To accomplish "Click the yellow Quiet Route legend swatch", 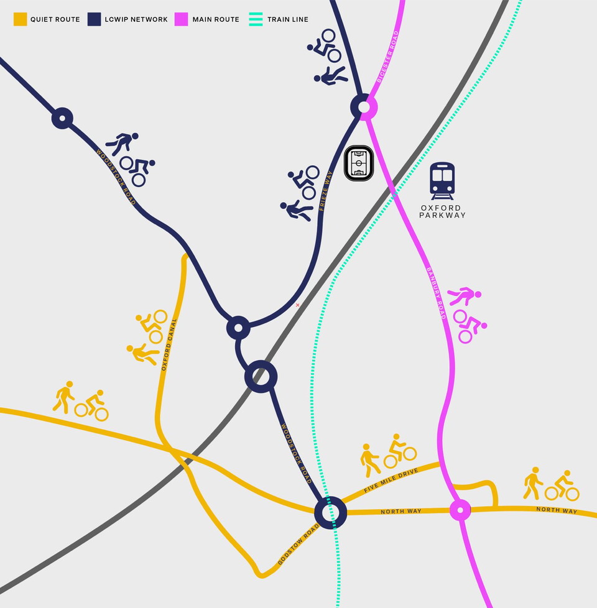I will pyautogui.click(x=21, y=19).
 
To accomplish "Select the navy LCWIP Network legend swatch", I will pyautogui.click(x=95, y=19).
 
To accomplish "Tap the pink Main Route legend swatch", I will pyautogui.click(x=182, y=19).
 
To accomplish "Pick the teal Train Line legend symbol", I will pyautogui.click(x=256, y=19).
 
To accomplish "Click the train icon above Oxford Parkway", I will pyautogui.click(x=442, y=180).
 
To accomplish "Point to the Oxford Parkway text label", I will pyautogui.click(x=442, y=211).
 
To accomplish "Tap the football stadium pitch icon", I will pyautogui.click(x=359, y=164).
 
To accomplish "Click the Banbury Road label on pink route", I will pyautogui.click(x=436, y=293).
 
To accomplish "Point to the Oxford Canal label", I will pyautogui.click(x=169, y=345).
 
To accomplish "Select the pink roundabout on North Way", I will pyautogui.click(x=460, y=510).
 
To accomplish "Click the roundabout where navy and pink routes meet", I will pyautogui.click(x=364, y=107).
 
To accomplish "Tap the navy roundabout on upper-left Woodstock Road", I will pyautogui.click(x=62, y=117).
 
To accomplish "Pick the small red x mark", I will pyautogui.click(x=297, y=305).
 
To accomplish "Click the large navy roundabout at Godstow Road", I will pyautogui.click(x=330, y=512).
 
